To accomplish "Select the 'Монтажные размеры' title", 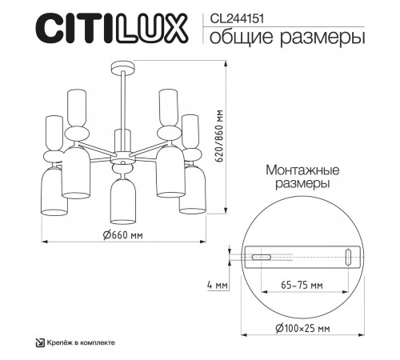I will pos(302,177).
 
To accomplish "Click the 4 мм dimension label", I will pos(215,285).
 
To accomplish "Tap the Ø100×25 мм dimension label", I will pos(302,326).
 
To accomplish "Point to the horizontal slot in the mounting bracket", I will pos(261,258).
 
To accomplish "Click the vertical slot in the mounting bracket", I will pos(348,257).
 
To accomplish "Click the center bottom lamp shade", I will pos(122,200).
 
